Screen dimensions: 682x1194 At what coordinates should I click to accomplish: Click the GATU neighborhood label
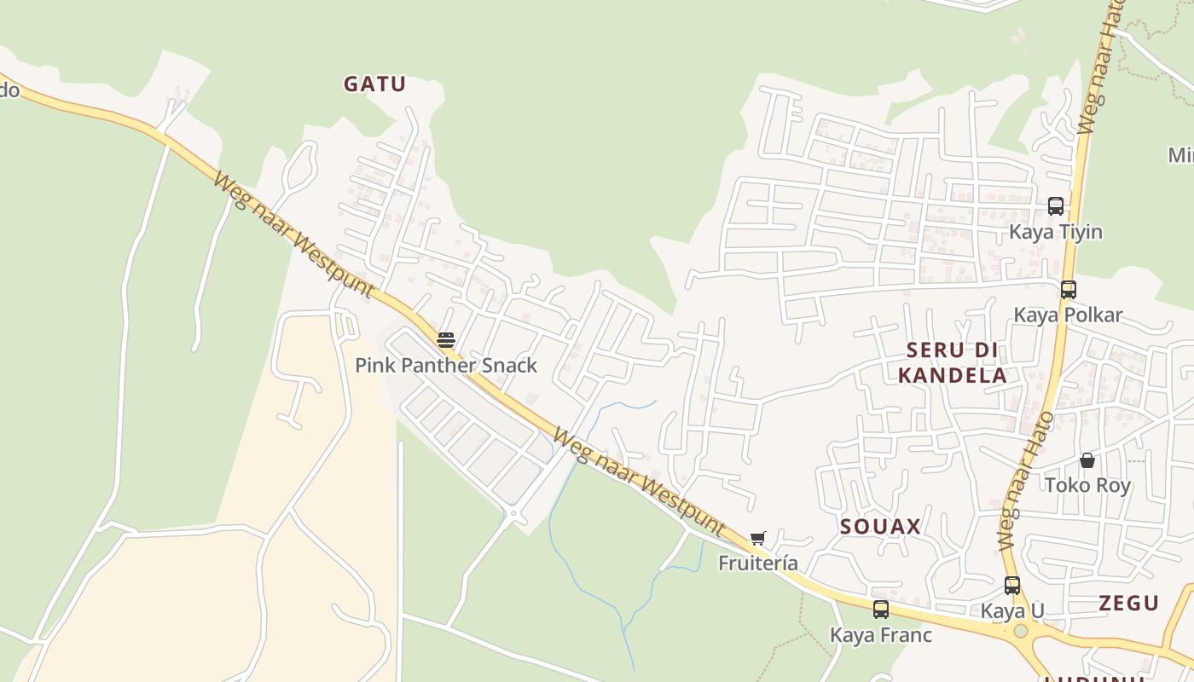pos(374,84)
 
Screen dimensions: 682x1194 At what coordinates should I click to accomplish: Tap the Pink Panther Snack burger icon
pos(445,340)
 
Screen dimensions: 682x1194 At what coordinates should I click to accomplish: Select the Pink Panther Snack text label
pos(446,365)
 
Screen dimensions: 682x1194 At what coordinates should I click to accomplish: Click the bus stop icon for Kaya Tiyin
pos(1055,206)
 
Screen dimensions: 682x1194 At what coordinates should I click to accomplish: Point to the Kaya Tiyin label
pos(1055,232)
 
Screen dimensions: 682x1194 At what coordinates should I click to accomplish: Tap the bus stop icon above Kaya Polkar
pos(1068,289)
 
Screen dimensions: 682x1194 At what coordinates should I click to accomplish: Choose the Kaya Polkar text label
pos(1068,315)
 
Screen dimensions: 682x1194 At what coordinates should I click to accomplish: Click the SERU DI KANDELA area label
pos(952,362)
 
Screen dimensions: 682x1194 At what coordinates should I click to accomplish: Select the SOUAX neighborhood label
pos(880,526)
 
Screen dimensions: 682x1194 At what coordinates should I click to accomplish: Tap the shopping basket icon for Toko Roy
pos(1087,460)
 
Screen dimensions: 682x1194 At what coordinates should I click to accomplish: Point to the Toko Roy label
pos(1087,485)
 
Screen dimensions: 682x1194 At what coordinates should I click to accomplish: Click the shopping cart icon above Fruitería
pos(757,538)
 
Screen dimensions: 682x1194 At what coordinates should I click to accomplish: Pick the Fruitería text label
pos(758,563)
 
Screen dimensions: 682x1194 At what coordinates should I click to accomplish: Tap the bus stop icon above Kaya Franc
pos(881,610)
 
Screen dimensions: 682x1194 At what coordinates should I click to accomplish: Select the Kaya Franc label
pos(881,635)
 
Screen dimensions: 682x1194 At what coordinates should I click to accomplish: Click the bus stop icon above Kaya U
pos(1012,586)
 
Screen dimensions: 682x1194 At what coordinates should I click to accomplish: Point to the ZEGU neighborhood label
pos(1128,603)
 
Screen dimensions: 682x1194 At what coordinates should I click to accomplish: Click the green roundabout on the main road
pos(1020,632)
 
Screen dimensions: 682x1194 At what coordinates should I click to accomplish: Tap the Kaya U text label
pos(1012,610)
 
